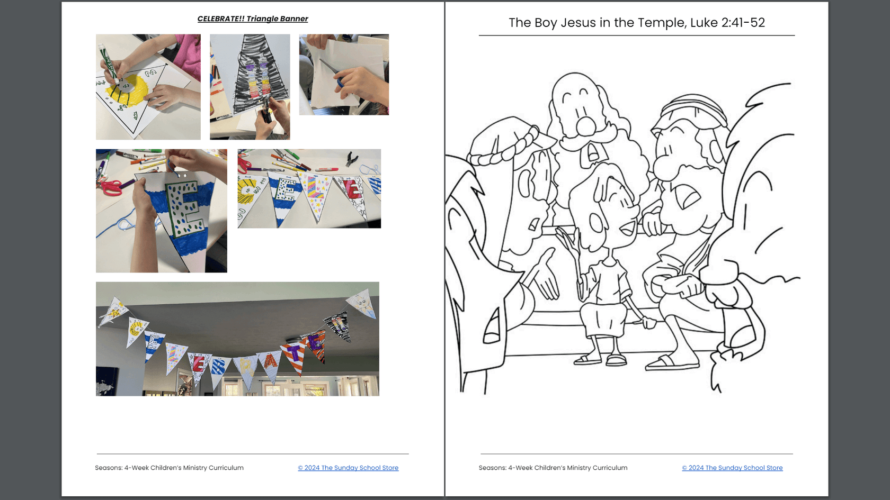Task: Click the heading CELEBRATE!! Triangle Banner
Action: coord(253,19)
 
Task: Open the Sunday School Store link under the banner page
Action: coord(348,468)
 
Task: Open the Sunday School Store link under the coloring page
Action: coord(732,468)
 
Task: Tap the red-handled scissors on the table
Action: coord(110,186)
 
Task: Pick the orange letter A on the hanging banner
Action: coord(271,360)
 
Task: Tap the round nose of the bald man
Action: coord(586,125)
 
